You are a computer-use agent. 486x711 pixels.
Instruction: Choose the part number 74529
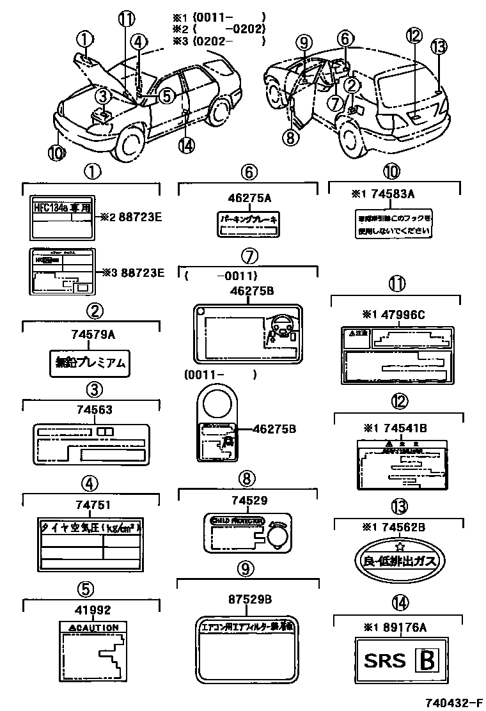click(x=248, y=501)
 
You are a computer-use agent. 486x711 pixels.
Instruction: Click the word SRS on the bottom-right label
click(x=385, y=660)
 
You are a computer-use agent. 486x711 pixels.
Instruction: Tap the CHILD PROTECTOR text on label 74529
click(x=237, y=521)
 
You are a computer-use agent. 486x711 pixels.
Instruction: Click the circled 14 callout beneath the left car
click(x=185, y=146)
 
